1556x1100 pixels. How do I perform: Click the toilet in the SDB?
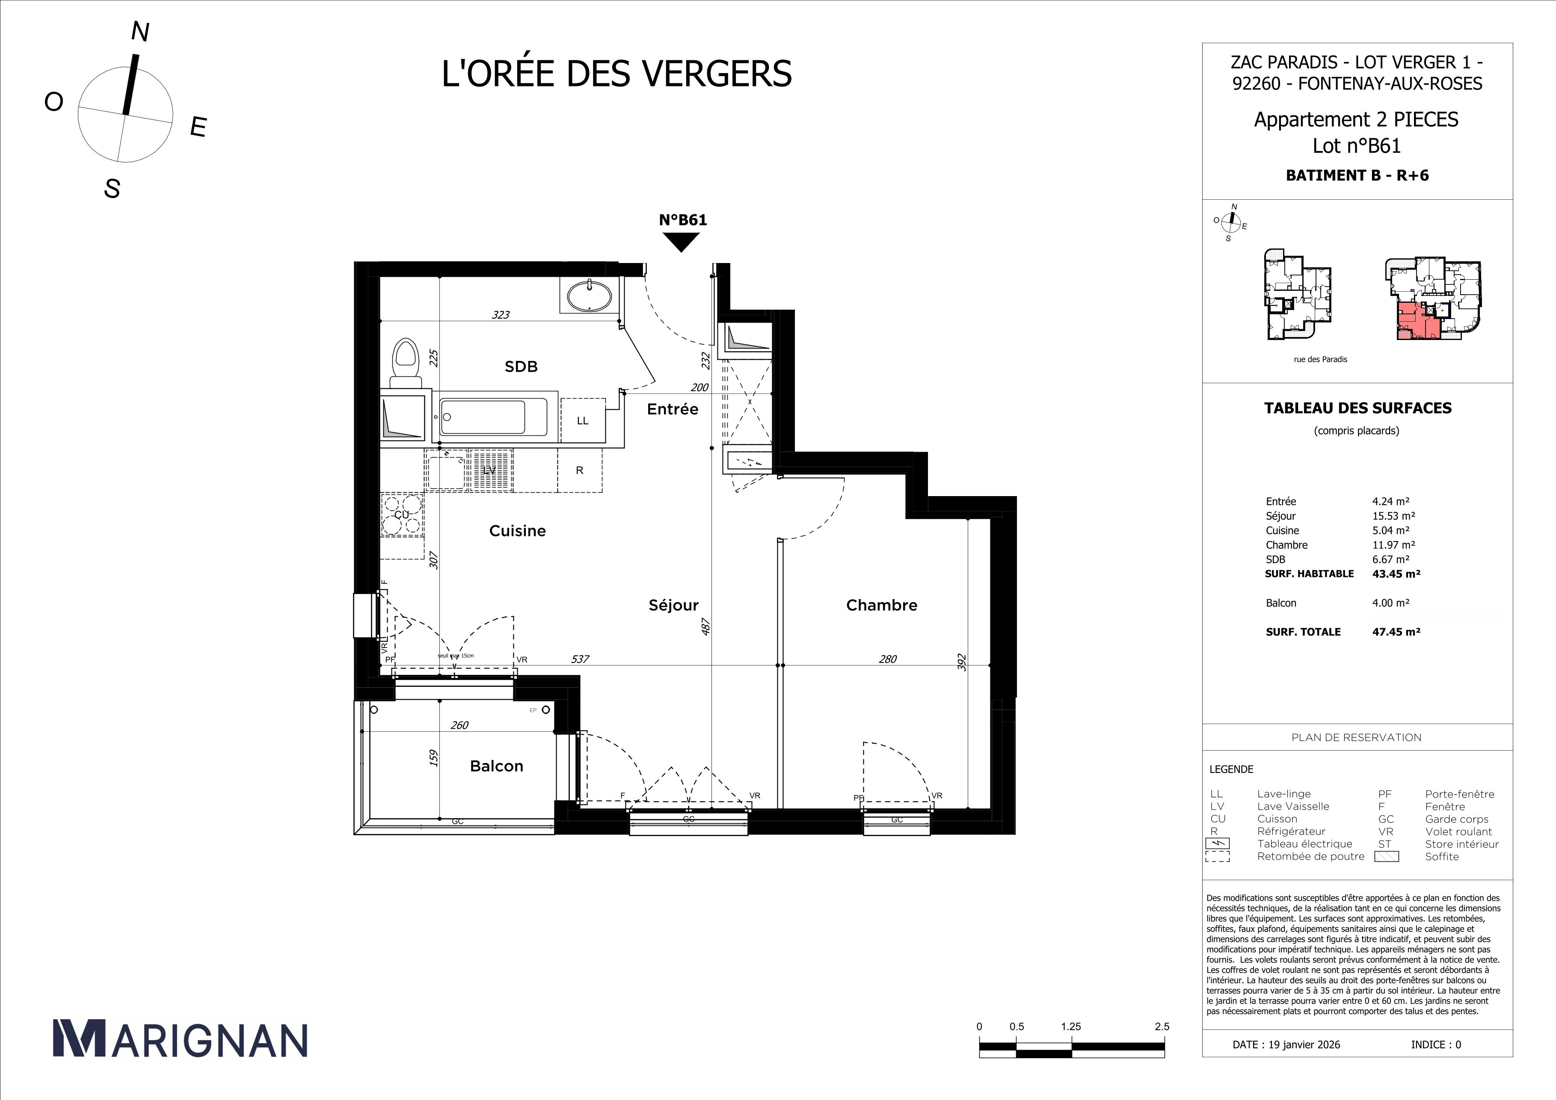[x=405, y=361]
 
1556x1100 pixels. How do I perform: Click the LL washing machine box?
[x=582, y=421]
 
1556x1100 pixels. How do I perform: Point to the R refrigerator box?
[x=579, y=470]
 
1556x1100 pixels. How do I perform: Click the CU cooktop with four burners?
[x=402, y=515]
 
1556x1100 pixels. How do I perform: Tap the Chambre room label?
[x=881, y=605]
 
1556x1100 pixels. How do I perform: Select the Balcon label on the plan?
[x=496, y=766]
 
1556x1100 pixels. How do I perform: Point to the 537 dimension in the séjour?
[x=580, y=658]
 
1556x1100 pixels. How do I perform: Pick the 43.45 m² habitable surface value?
[x=1396, y=573]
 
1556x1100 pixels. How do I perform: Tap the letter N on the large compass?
[x=139, y=32]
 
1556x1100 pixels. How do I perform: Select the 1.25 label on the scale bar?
[x=1071, y=1026]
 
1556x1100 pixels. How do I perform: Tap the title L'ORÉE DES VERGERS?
[x=616, y=74]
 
